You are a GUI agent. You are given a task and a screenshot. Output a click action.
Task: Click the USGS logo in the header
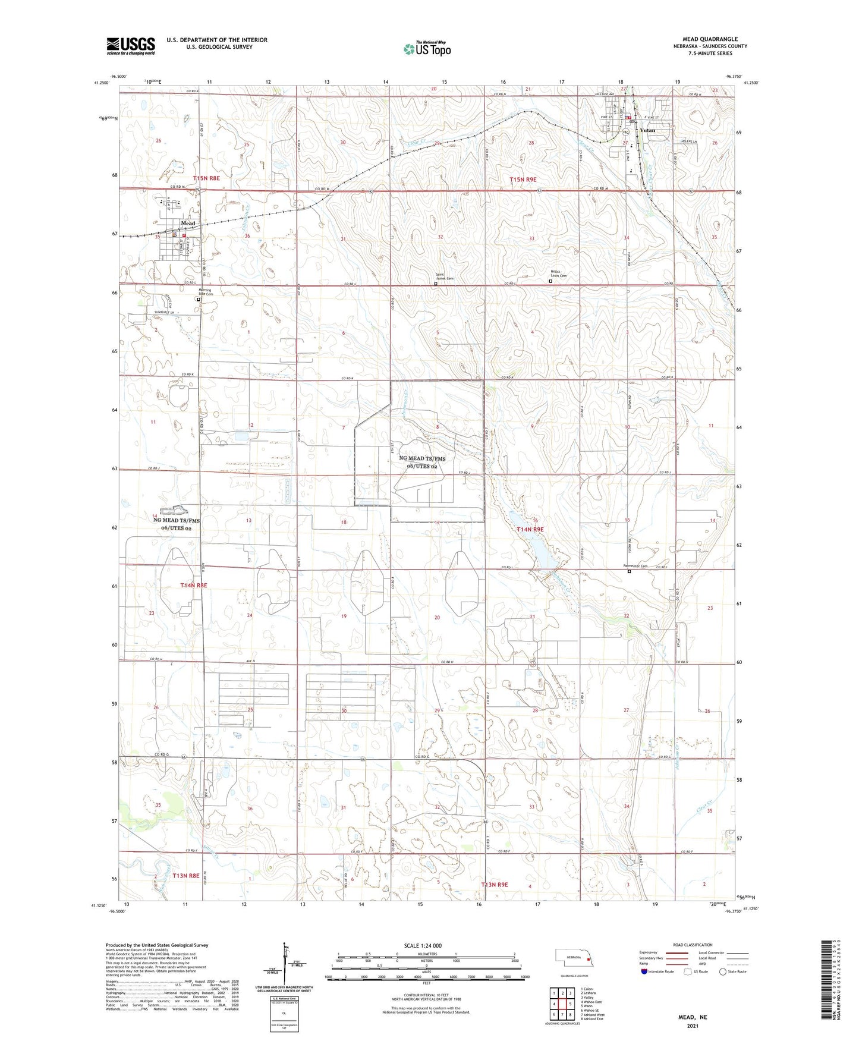[131, 46]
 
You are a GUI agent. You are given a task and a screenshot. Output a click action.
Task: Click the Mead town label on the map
[188, 223]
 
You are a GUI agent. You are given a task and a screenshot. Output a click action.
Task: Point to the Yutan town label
[647, 130]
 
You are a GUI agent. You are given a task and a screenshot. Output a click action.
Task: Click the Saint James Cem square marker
[435, 284]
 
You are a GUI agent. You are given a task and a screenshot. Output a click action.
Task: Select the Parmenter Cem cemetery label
[634, 566]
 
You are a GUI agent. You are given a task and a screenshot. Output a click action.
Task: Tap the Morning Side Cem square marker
[198, 300]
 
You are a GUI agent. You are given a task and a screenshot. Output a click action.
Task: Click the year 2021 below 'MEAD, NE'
[692, 1026]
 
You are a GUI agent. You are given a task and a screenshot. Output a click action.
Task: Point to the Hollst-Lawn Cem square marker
[550, 282]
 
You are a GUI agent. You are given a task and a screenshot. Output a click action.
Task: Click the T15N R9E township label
[523, 179]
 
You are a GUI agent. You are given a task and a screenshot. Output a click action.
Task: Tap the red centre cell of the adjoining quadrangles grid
[562, 1004]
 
